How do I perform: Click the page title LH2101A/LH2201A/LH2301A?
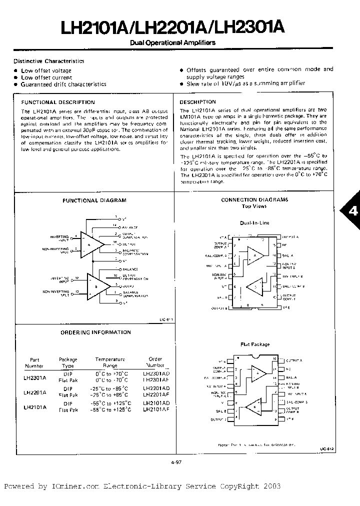(x=173, y=27)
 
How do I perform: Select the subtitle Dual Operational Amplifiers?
(x=172, y=43)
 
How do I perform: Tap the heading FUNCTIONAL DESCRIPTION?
(x=58, y=102)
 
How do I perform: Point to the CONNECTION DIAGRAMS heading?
(x=254, y=199)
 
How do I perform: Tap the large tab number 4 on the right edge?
(x=353, y=211)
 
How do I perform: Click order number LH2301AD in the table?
(x=156, y=373)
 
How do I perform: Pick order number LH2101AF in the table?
(x=156, y=409)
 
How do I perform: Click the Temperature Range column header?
(x=110, y=362)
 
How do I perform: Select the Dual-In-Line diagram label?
(x=254, y=222)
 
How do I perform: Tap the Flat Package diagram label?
(x=254, y=344)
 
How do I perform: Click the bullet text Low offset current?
(x=46, y=77)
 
